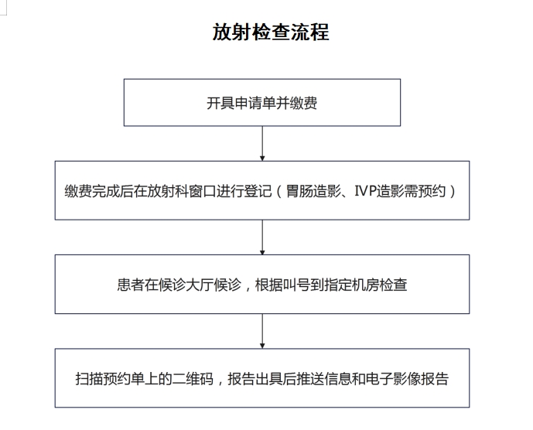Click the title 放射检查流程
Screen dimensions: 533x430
[271, 32]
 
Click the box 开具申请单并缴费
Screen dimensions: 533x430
[262, 103]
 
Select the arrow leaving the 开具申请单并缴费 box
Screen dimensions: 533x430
[262, 143]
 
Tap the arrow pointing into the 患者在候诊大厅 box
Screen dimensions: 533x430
[262, 237]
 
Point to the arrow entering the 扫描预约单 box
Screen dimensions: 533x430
[262, 331]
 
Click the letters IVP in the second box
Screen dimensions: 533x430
[364, 191]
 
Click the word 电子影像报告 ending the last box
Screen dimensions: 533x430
[407, 379]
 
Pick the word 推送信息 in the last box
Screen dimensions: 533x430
[324, 379]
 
